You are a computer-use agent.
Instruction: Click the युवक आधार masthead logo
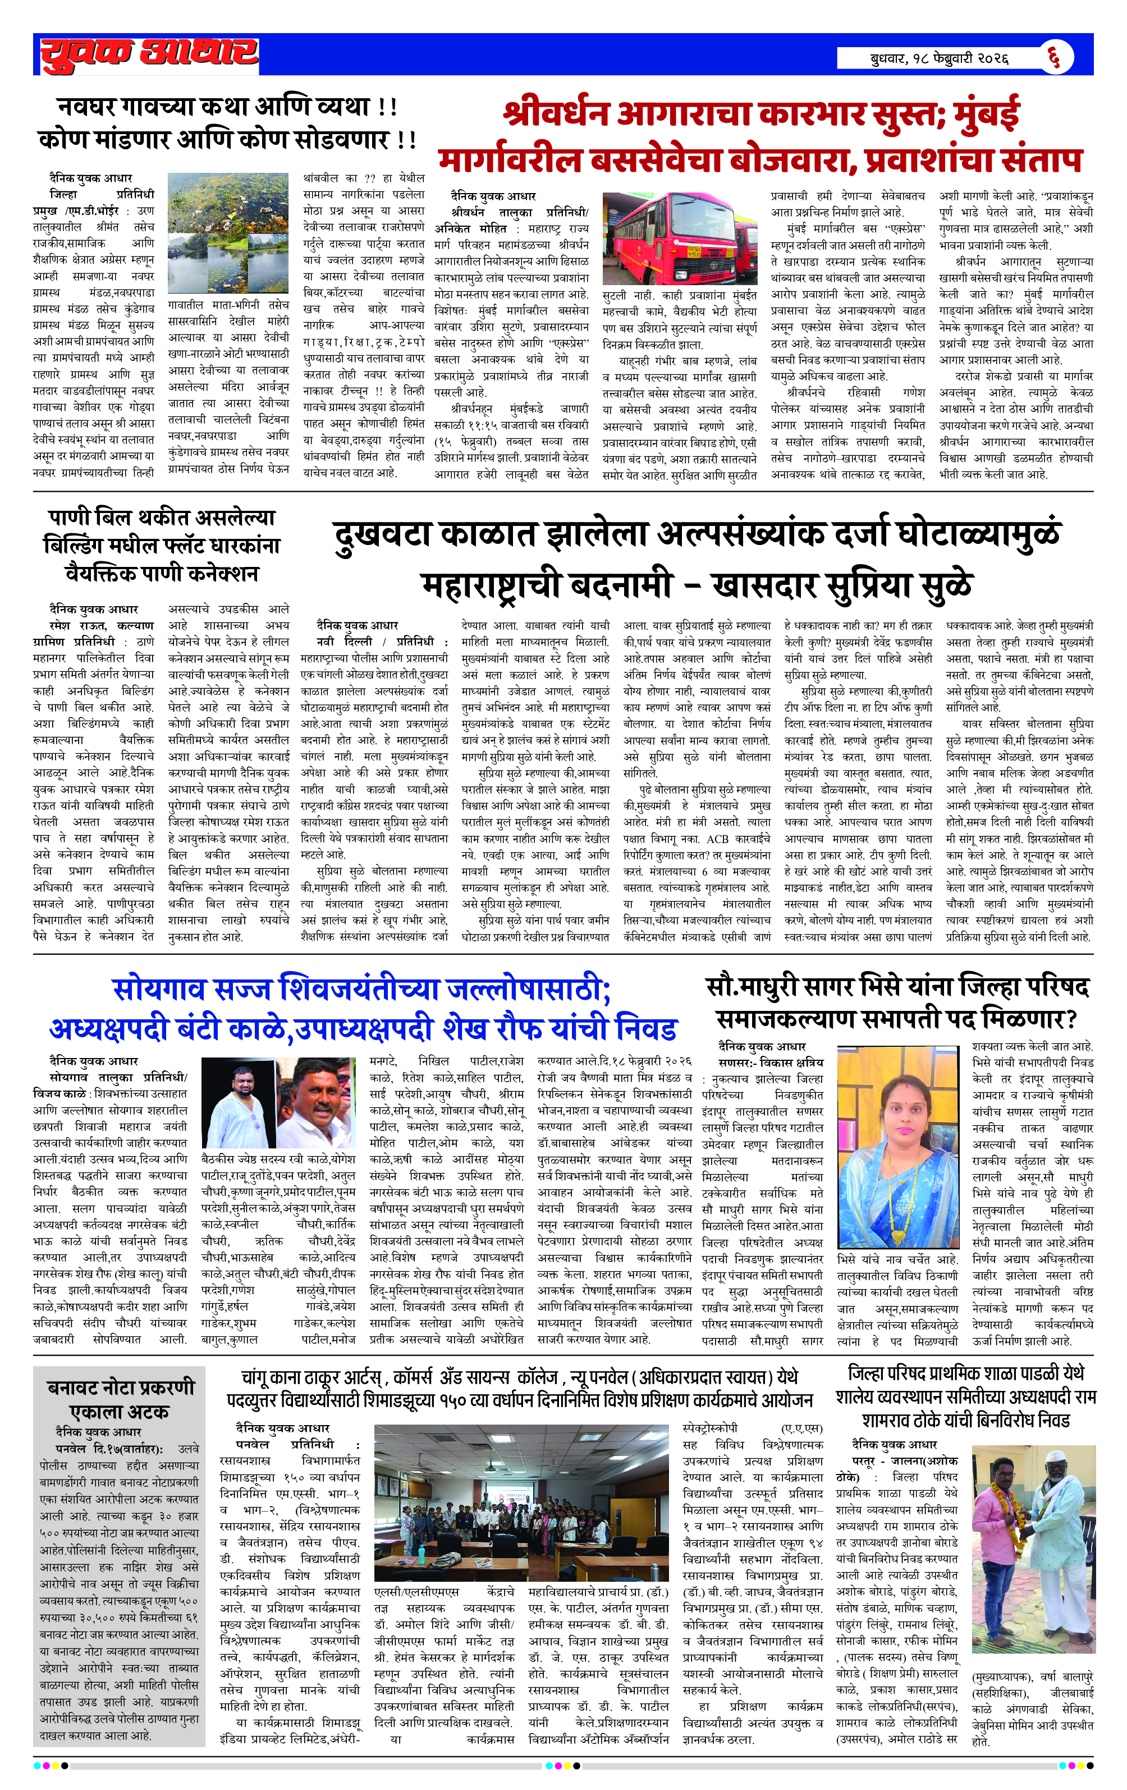[149, 54]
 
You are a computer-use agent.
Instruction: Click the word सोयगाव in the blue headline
[158, 990]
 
